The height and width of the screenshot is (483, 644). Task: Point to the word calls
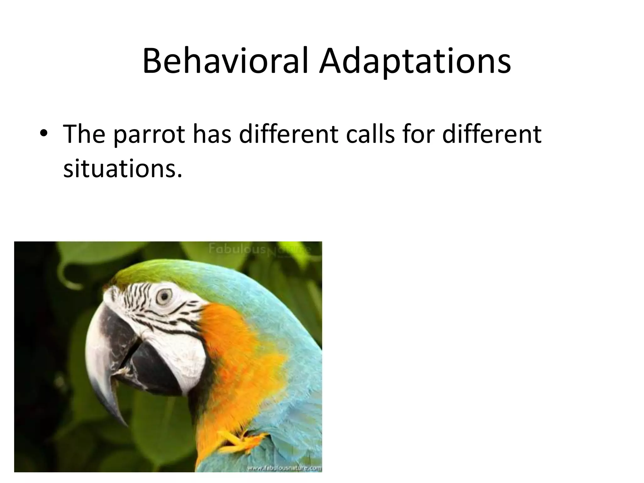click(x=370, y=134)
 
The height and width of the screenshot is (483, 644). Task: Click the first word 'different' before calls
click(x=289, y=134)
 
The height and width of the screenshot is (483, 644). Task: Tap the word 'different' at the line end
click(x=491, y=134)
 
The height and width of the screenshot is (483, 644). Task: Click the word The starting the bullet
click(x=84, y=134)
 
